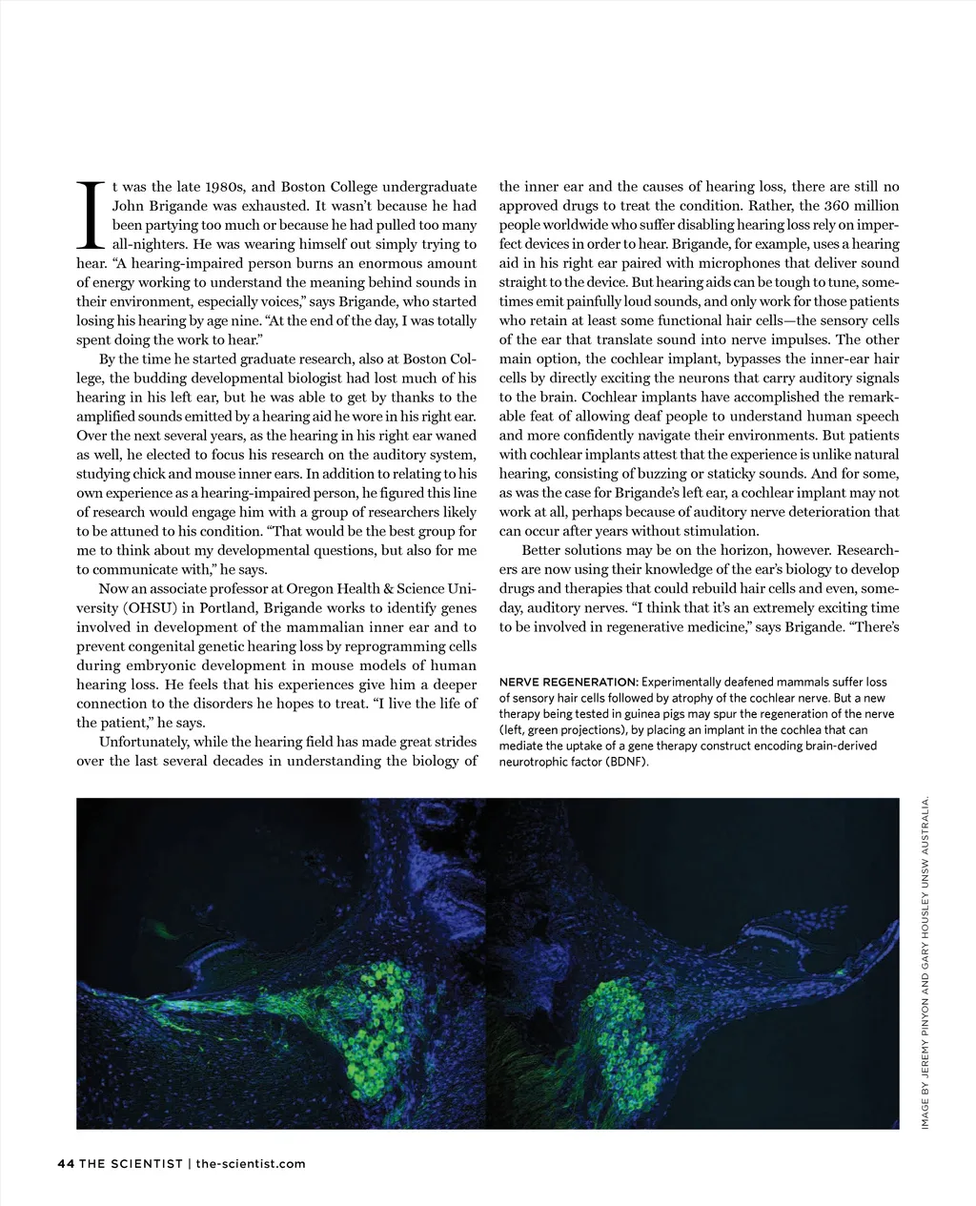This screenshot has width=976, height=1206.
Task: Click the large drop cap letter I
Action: pos(92,214)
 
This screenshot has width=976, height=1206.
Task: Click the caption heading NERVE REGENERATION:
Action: pos(568,682)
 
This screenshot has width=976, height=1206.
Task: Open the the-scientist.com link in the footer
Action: pos(251,1163)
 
